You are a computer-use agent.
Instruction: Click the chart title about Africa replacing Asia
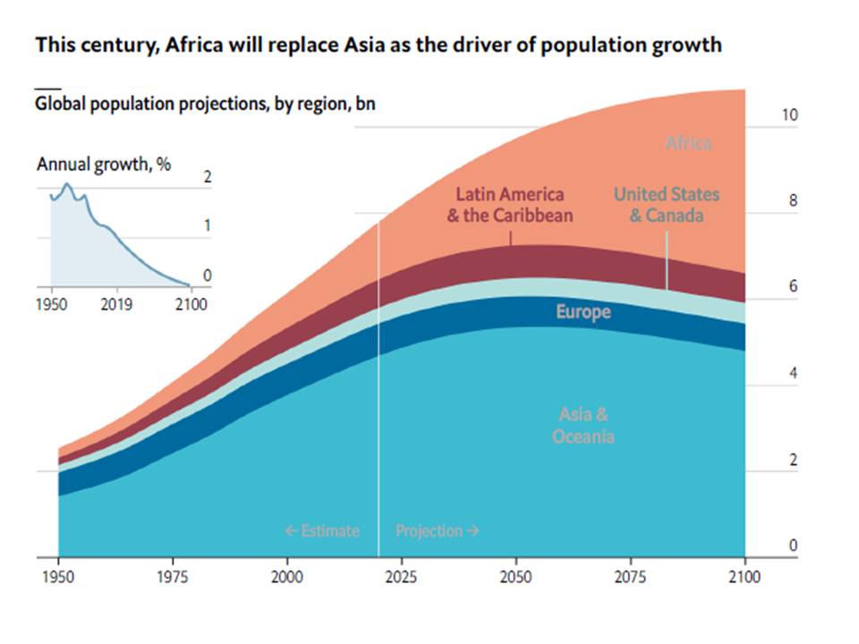tap(378, 45)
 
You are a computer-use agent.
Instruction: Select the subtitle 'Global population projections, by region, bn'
tap(205, 104)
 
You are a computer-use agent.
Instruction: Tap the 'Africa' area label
tap(688, 143)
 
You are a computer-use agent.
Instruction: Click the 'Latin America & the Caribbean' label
tap(510, 205)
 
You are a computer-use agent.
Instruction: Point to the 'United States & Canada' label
tap(666, 205)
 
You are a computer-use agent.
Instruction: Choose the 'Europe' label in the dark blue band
tap(583, 312)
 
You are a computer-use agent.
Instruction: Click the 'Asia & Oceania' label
tap(583, 426)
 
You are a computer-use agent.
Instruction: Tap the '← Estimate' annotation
tap(322, 530)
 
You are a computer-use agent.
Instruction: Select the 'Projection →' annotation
tap(438, 530)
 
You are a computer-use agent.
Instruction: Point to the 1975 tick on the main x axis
tap(173, 577)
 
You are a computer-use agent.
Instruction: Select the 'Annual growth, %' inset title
tap(104, 165)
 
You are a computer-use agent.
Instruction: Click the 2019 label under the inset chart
tap(116, 304)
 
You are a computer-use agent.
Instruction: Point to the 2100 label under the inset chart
tap(191, 304)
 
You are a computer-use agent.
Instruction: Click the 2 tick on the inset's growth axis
tap(208, 177)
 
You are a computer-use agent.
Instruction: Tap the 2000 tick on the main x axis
tap(286, 577)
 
